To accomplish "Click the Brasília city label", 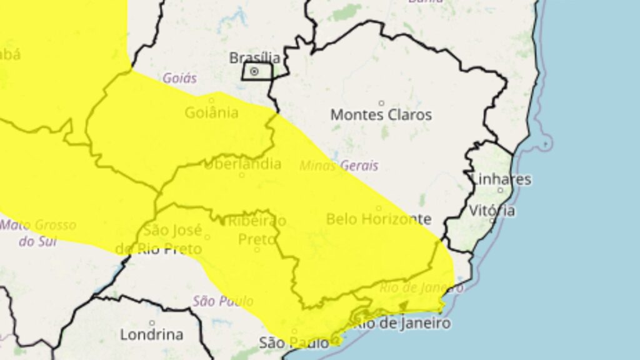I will tap(254, 58).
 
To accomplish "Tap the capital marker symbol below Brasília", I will tap(254, 72).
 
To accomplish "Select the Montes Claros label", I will tap(381, 115).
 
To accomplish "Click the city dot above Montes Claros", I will tap(381, 103).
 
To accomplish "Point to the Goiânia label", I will tap(211, 113).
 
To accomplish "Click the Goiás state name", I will tap(179, 79).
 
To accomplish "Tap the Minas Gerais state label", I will tap(339, 166).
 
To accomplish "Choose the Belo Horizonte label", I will tap(379, 219).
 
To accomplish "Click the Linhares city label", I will tap(501, 179).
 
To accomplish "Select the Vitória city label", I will tap(493, 211).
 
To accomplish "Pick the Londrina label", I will tap(151, 334).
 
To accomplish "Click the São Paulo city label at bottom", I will tap(294, 342).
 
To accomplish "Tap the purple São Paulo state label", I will tap(214, 301).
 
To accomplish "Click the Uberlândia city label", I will tap(242, 164).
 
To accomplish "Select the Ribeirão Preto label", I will tap(257, 230).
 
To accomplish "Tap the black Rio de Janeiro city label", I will tap(403, 324).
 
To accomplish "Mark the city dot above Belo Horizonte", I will tap(379, 208).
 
